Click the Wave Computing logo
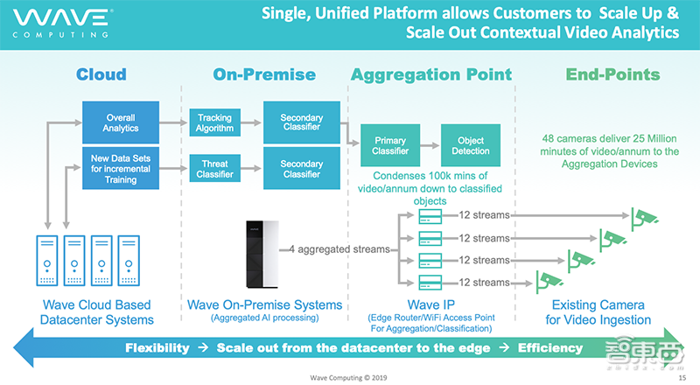57,23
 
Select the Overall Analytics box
121,122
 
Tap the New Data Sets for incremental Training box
121,168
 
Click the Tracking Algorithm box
214,123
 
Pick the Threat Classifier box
214,168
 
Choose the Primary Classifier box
390,145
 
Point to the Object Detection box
470,145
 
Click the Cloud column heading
101,74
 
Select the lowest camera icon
549,281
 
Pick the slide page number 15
683,377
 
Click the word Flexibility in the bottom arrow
157,347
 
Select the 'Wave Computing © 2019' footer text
350,377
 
